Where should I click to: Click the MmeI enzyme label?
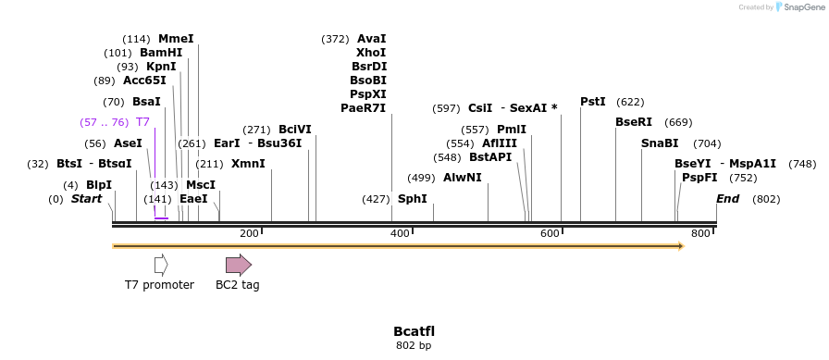coord(176,39)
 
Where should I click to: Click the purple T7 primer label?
coord(142,122)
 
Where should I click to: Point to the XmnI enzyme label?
coord(247,164)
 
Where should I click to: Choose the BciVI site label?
coord(295,130)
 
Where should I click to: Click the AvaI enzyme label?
coord(371,39)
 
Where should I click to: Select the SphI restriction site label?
coord(413,199)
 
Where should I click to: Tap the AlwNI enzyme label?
coord(462,178)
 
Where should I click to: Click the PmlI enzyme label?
coord(511,130)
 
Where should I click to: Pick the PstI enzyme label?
coord(593,102)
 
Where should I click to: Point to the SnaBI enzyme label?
coord(660,143)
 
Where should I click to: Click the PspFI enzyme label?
coord(699,178)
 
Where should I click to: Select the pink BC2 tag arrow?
coord(238,265)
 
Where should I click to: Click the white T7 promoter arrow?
coord(161,265)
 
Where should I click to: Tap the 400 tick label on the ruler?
coord(400,234)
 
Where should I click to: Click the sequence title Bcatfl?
coord(414,331)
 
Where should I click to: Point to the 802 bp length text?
coord(414,346)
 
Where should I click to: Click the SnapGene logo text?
coord(802,7)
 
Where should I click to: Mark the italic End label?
coord(728,199)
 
